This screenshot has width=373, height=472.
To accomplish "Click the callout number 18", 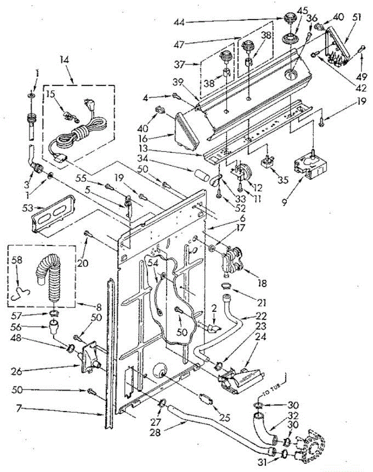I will pos(261,283).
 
